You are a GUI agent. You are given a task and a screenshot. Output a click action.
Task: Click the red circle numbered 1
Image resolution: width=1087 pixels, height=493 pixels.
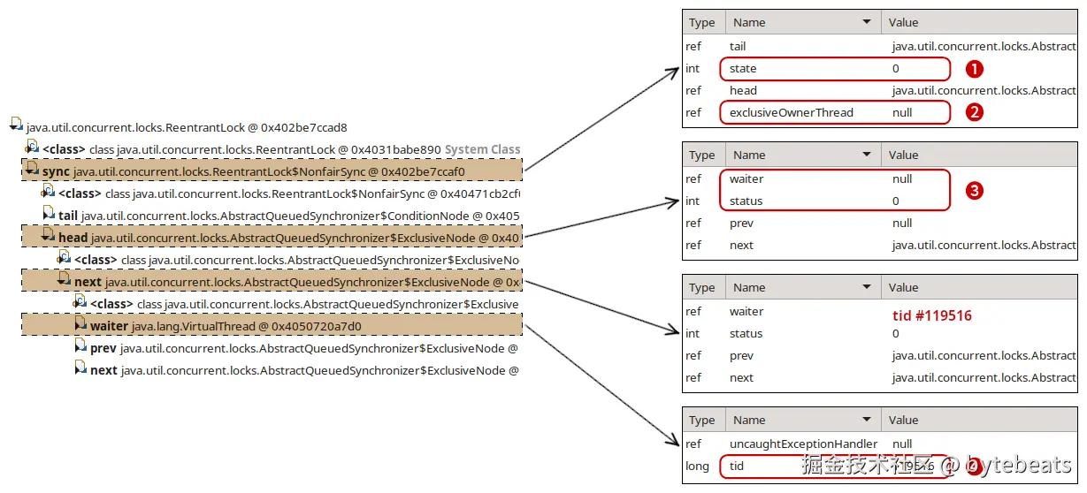point(974,69)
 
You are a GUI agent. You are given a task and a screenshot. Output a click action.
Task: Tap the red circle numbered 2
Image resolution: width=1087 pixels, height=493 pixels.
point(974,113)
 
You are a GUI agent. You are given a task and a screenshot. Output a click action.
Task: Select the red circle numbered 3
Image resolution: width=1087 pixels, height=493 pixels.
point(974,190)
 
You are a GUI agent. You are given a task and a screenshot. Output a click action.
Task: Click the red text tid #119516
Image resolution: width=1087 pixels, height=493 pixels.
point(931,315)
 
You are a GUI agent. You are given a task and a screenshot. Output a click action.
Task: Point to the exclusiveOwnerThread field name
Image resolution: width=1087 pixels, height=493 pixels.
point(791,113)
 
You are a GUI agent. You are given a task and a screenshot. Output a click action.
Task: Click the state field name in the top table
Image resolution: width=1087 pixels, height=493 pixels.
point(743,69)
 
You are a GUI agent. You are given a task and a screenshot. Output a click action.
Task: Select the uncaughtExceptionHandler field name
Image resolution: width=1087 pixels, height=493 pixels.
point(803,444)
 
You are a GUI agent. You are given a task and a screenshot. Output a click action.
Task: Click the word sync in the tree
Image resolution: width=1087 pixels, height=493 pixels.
point(56,171)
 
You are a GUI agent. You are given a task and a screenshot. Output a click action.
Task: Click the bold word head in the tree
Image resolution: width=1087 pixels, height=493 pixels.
point(73,238)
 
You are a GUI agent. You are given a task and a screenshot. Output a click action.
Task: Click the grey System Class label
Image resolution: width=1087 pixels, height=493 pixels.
point(482,149)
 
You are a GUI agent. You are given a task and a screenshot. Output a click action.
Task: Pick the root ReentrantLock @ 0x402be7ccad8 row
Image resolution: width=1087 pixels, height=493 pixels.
point(186,127)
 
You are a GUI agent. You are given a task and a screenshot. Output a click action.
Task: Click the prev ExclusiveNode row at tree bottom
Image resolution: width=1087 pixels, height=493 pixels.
point(301,348)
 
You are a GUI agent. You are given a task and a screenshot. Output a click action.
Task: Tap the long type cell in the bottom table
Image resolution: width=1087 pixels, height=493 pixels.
point(697,466)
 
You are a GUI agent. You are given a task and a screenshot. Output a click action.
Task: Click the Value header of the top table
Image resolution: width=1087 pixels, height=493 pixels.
point(903,23)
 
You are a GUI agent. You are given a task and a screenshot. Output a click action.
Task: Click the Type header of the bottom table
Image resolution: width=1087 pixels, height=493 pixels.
point(701,421)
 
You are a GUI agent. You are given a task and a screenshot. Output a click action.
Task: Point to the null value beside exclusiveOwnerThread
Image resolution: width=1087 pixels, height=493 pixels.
point(902,113)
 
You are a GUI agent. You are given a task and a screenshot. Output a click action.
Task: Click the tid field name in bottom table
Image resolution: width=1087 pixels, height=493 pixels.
point(737,466)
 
